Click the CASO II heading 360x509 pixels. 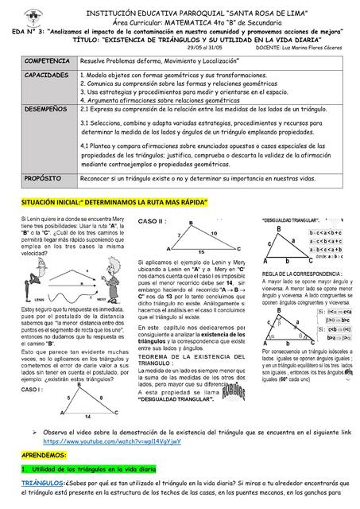coord(153,220)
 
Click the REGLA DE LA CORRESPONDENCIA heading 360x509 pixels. coord(305,274)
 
